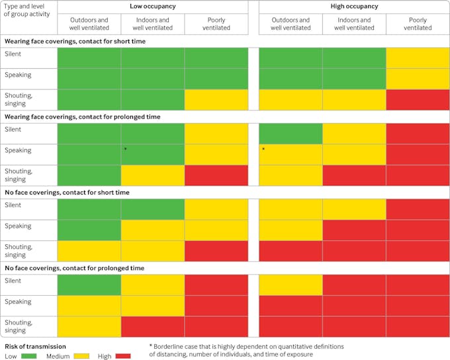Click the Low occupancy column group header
153,7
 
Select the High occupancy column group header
354,7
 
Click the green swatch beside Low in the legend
30,356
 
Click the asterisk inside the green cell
125,150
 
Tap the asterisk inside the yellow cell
263,150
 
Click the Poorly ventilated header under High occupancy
418,24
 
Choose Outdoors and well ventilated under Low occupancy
89,24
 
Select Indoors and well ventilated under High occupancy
354,24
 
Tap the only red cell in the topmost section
418,99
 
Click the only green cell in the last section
89,285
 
